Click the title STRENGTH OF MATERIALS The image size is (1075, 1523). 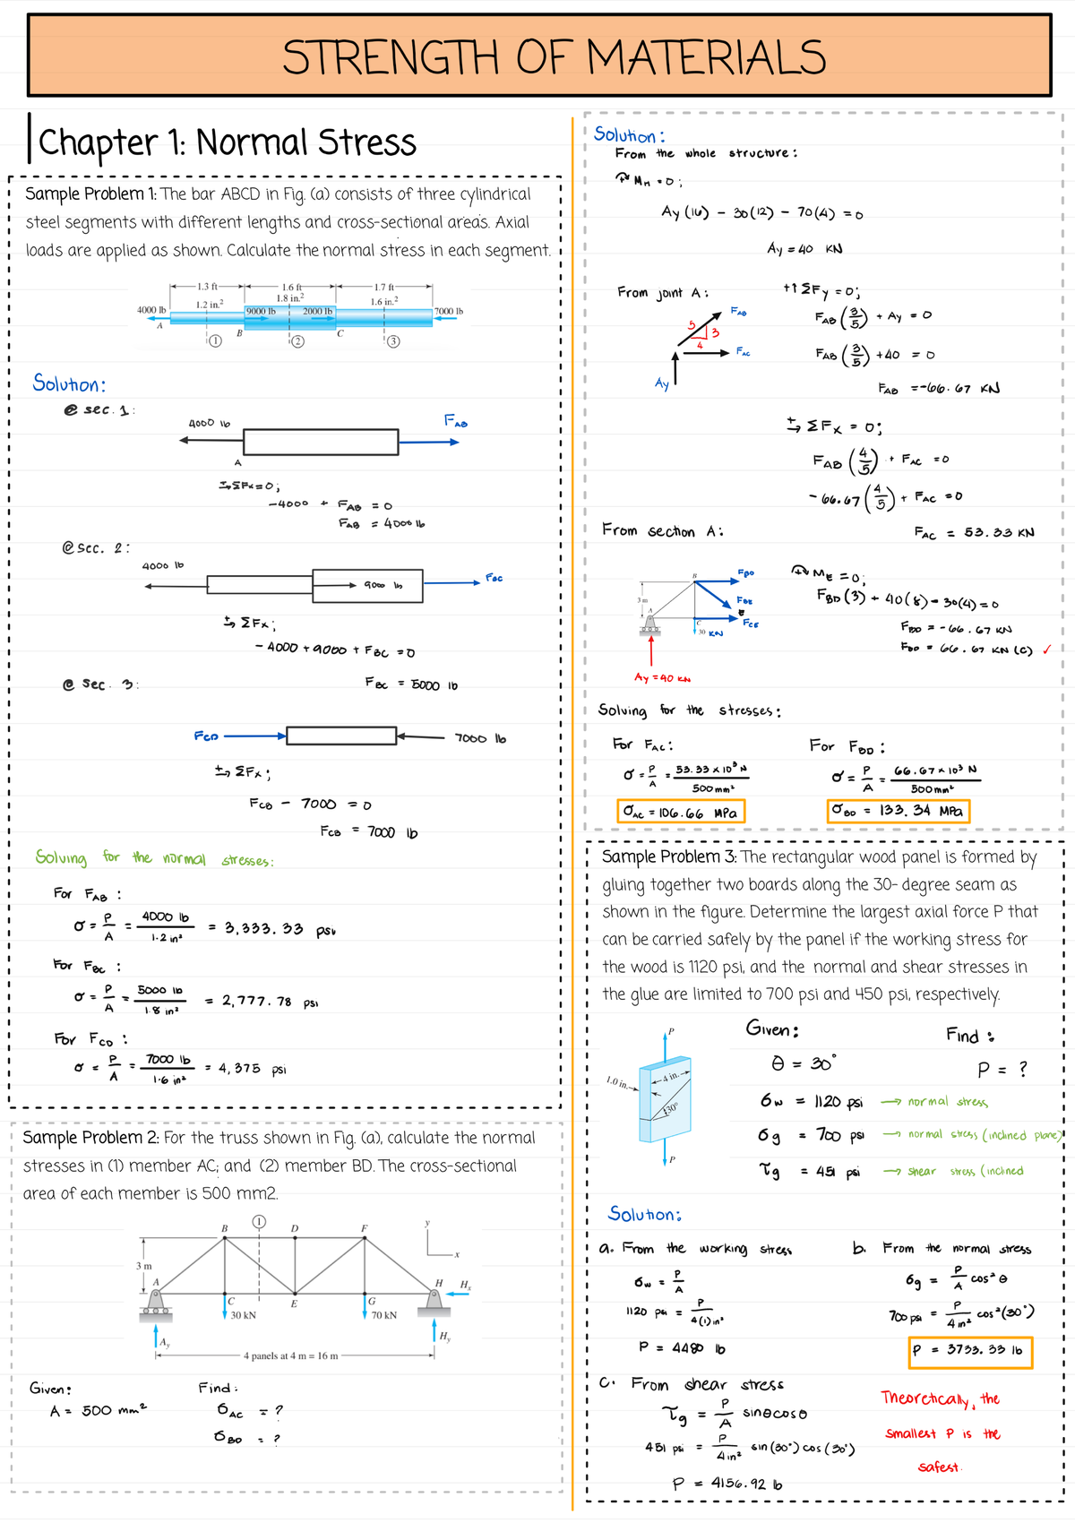[554, 58]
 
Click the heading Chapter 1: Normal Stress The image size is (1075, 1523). [227, 142]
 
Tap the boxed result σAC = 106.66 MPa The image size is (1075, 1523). [680, 813]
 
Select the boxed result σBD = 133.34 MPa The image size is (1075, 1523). [897, 811]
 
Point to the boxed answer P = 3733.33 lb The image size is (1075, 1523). [969, 1350]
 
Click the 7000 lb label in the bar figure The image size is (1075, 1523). [448, 311]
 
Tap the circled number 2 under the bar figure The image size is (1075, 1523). [298, 341]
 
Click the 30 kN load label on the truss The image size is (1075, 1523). [243, 1315]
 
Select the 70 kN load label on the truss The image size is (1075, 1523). [383, 1315]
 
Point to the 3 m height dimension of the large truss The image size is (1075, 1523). [143, 1266]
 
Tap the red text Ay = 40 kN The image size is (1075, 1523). [662, 678]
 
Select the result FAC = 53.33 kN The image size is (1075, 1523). [974, 532]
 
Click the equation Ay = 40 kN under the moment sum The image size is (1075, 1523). [804, 248]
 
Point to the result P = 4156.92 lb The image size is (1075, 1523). [727, 1484]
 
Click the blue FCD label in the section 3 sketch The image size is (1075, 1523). [206, 736]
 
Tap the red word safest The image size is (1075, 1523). [938, 1467]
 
